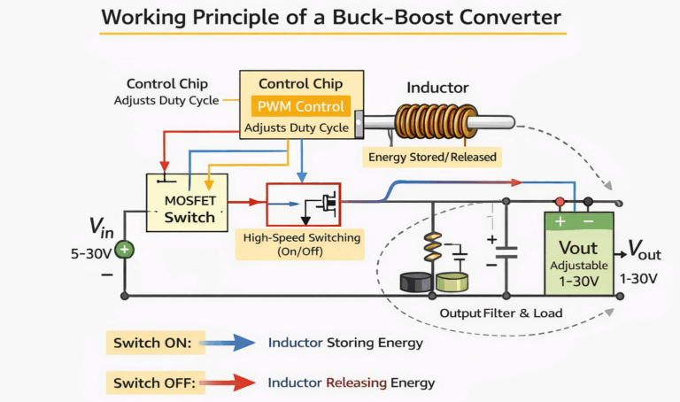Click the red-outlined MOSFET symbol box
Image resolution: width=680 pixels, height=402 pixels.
pyautogui.click(x=304, y=205)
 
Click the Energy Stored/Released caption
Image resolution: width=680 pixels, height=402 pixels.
pyautogui.click(x=431, y=157)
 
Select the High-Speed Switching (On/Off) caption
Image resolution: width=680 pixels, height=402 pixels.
pyautogui.click(x=299, y=244)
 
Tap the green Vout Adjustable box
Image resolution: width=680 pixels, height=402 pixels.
pyautogui.click(x=577, y=252)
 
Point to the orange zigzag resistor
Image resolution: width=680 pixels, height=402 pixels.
pyautogui.click(x=433, y=248)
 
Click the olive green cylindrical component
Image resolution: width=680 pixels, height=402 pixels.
pyautogui.click(x=452, y=282)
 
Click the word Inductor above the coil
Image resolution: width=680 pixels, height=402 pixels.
pyautogui.click(x=437, y=89)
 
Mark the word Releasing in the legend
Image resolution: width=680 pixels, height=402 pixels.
pyautogui.click(x=362, y=383)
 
